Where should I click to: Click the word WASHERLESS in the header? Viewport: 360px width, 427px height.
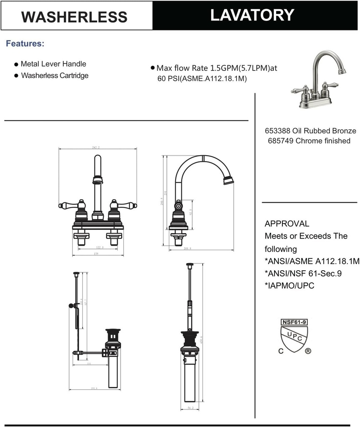[74, 17]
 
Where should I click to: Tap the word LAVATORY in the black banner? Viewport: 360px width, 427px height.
[252, 15]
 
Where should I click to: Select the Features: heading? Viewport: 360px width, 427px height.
[25, 44]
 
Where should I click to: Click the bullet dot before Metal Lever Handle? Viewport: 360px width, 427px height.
[16, 65]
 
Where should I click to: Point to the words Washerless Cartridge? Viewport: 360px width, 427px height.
[54, 76]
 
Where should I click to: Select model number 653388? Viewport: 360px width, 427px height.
[277, 131]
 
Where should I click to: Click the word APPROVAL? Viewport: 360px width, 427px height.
[287, 224]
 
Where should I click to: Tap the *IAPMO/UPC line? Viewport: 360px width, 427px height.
[290, 286]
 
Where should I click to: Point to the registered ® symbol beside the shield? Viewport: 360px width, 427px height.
[308, 351]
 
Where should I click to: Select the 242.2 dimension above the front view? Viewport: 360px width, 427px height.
[98, 147]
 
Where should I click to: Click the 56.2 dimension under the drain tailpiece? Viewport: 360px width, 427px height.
[190, 408]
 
